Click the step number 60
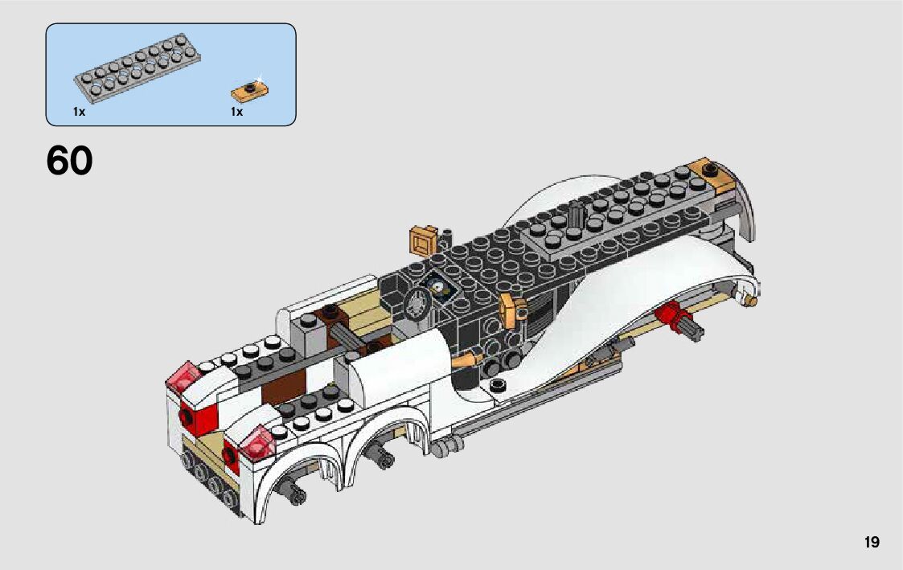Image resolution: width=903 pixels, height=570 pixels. click(x=70, y=161)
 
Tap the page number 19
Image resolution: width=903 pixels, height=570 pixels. click(x=872, y=543)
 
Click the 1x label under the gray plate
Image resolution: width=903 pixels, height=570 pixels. click(x=79, y=113)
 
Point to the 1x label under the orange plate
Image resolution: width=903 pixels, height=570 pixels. click(x=236, y=113)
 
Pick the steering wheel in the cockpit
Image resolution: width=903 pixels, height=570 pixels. click(x=417, y=305)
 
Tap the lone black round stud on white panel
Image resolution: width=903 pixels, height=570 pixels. click(x=499, y=386)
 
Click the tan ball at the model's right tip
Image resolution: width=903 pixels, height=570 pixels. click(x=753, y=301)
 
